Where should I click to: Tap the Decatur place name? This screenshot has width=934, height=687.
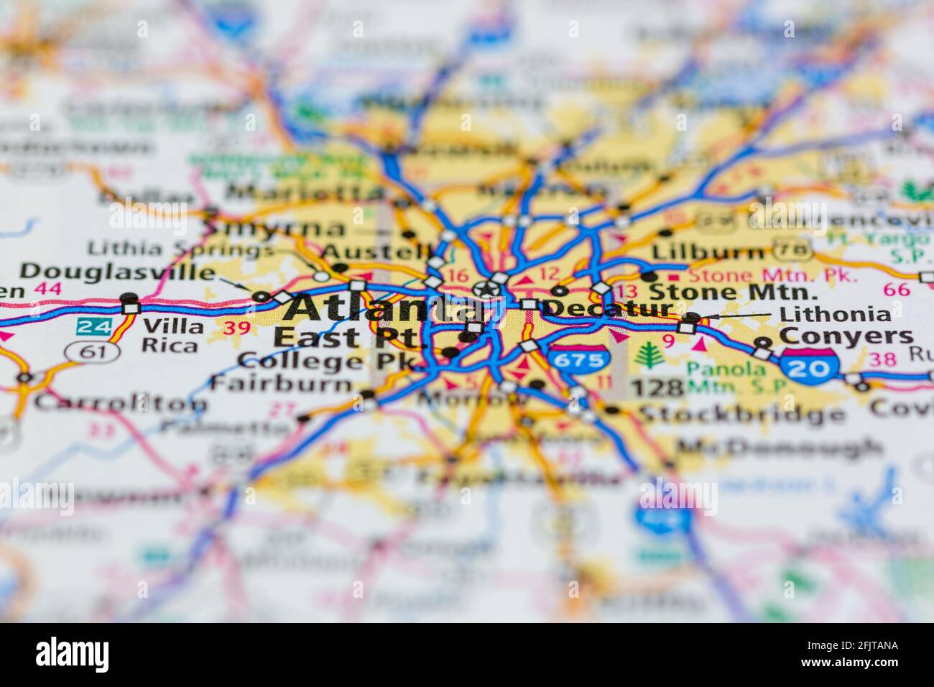[607, 308]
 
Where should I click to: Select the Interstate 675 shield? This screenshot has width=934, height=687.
[578, 360]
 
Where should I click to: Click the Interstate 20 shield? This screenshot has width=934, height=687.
[810, 367]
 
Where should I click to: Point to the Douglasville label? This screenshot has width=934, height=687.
[116, 272]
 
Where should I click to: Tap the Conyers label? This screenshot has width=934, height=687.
[846, 336]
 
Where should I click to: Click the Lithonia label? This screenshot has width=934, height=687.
[835, 314]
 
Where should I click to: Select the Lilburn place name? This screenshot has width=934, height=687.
[707, 253]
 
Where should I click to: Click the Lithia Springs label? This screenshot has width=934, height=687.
[180, 250]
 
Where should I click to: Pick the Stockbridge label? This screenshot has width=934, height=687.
[741, 415]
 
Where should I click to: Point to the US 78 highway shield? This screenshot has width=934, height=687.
[793, 251]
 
